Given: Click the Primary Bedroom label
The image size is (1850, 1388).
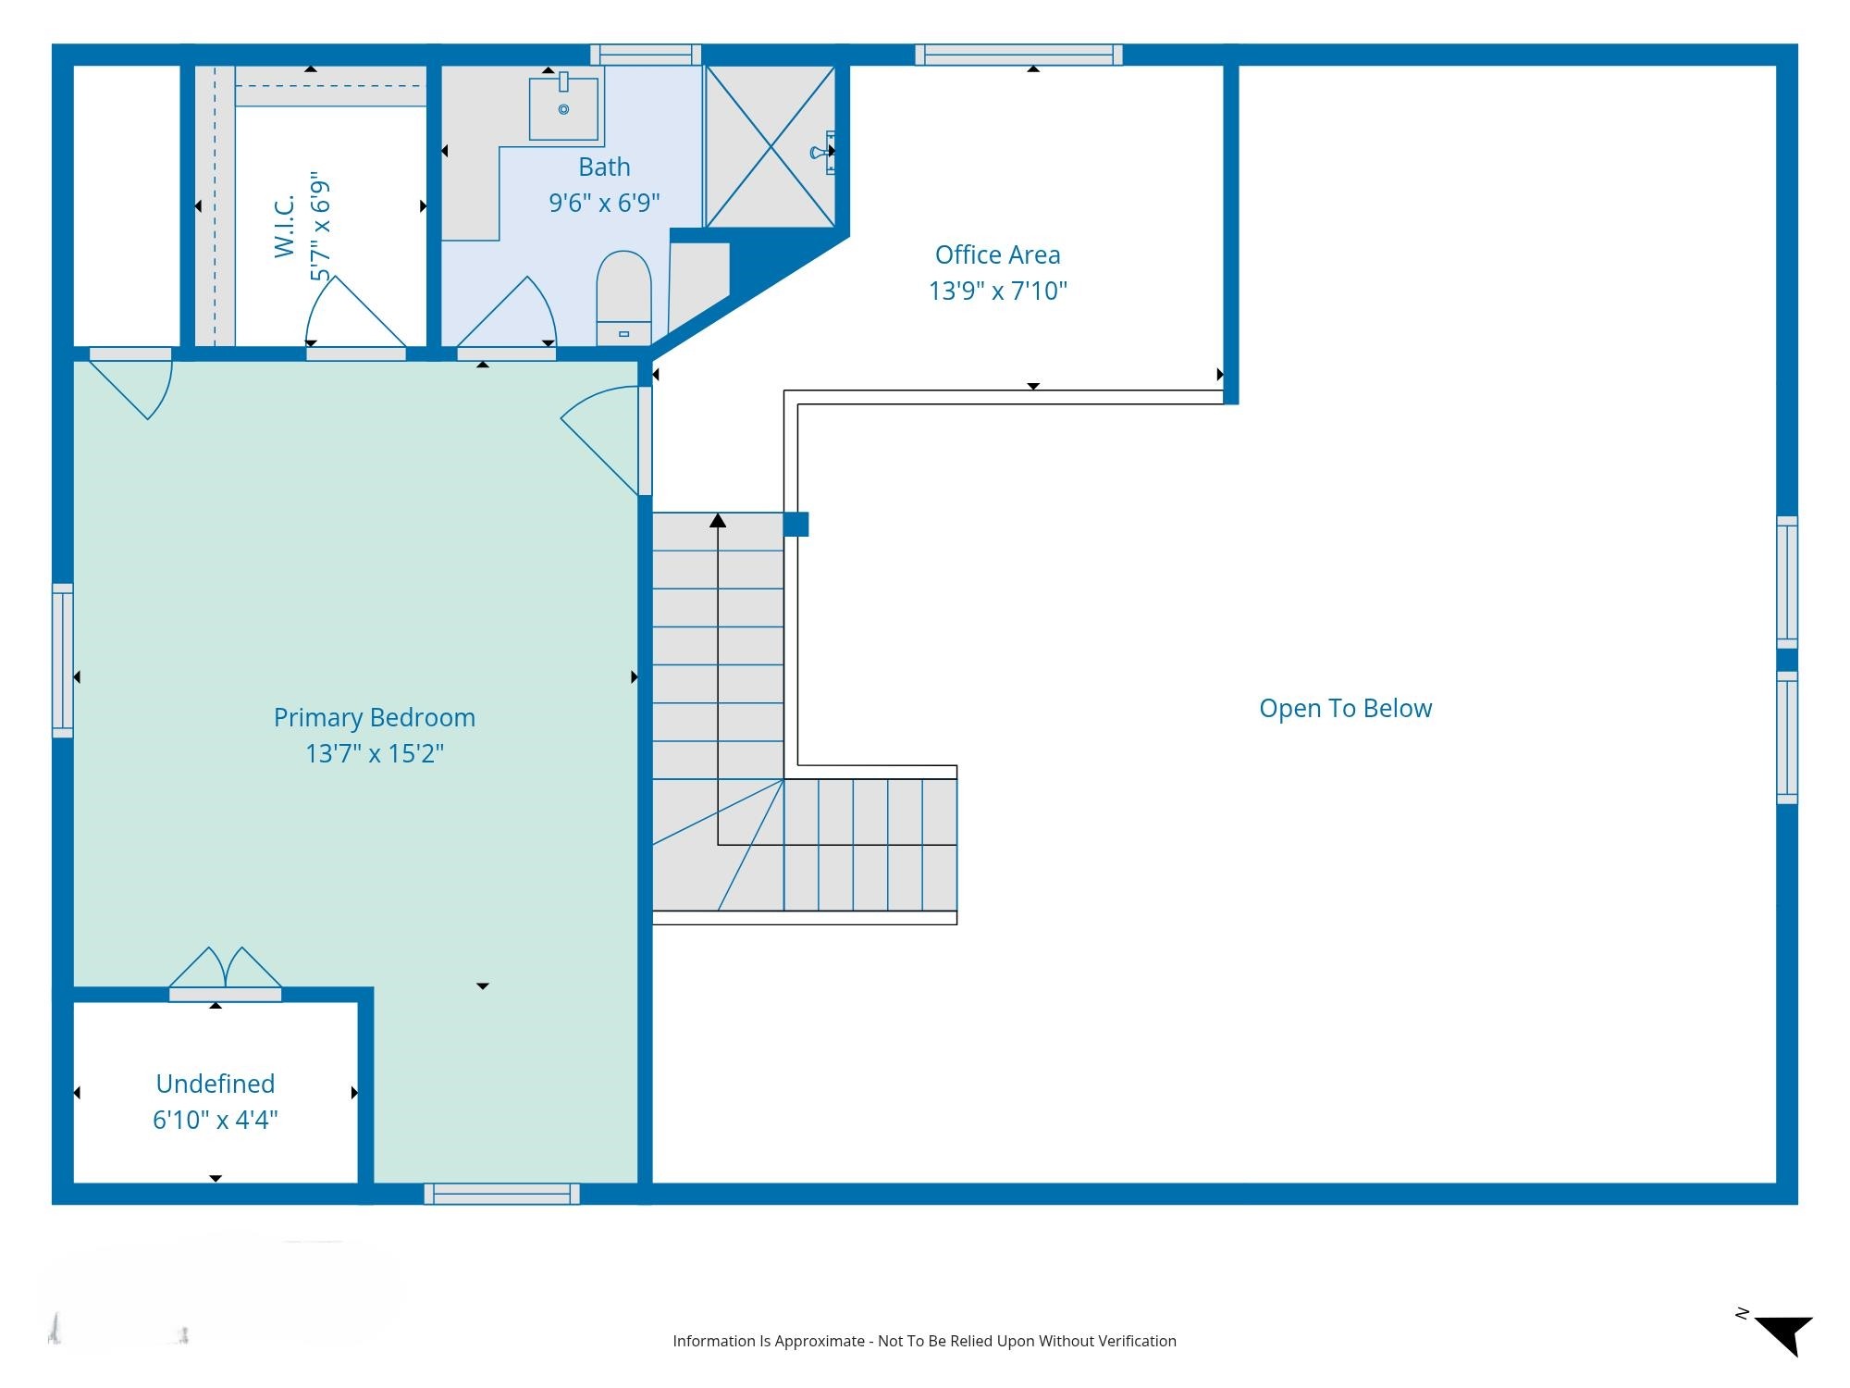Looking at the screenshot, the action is coord(375,718).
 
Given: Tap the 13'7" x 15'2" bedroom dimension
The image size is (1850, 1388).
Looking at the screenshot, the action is coord(375,753).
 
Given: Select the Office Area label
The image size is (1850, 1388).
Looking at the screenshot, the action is coord(997,254).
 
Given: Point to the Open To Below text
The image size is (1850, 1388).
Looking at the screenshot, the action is coord(1345,709).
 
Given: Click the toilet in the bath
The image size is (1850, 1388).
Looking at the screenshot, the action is coord(623,298).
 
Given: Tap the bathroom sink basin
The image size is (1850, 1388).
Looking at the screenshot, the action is coord(563,107).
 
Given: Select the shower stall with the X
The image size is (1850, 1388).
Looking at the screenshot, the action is coord(771,146).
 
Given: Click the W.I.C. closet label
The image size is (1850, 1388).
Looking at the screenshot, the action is coord(285,226).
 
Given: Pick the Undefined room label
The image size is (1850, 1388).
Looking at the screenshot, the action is coord(216,1084).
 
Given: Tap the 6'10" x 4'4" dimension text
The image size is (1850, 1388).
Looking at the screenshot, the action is coord(216,1120).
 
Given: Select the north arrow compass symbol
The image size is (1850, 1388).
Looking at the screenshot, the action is coord(1782,1333).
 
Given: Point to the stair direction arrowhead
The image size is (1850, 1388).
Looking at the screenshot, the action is coord(718,521).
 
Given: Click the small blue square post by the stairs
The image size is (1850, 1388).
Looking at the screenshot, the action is coord(795,525).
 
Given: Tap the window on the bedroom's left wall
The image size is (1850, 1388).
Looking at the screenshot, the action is coord(63,661).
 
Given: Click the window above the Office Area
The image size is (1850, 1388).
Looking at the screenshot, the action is coord(1019,55).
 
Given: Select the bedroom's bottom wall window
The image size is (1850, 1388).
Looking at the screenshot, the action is coord(502,1194).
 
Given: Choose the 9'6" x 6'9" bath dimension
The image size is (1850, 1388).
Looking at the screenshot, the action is coord(604,203).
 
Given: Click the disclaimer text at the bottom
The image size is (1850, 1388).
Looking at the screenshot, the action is coord(924,1341).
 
